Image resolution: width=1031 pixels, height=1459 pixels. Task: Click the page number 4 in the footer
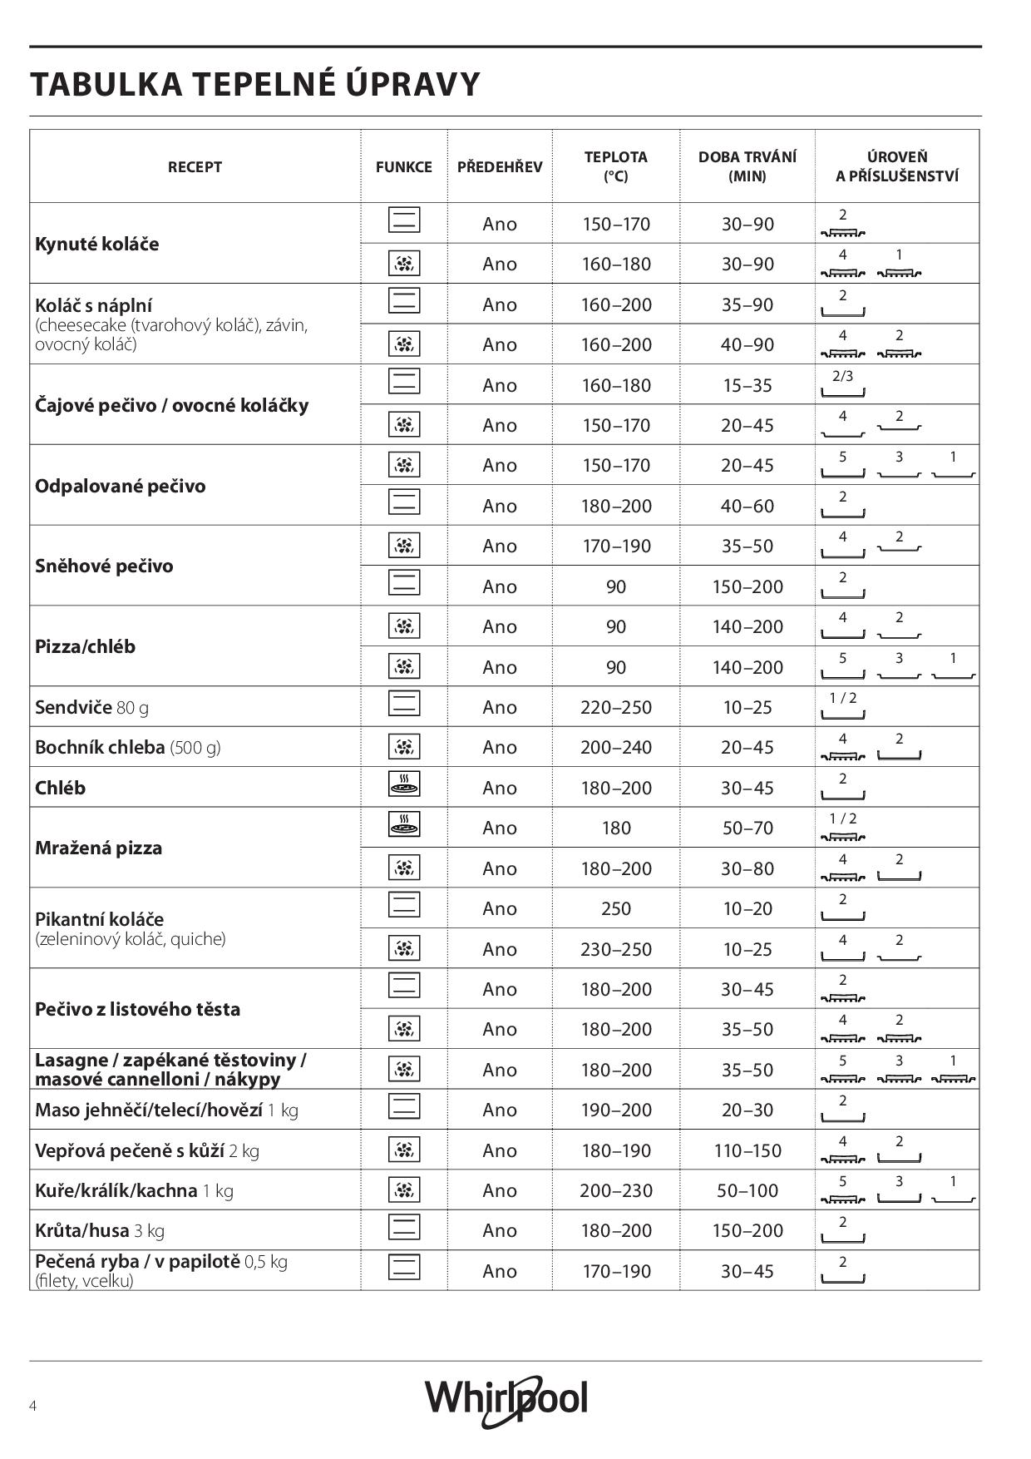32,1406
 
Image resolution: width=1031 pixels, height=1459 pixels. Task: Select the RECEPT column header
195,166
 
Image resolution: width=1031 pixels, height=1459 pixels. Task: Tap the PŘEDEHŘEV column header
500,166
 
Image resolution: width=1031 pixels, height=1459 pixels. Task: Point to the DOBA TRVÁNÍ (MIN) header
747,166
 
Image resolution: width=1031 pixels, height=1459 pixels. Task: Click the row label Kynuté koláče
97,244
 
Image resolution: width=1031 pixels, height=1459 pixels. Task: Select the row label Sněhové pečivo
104,566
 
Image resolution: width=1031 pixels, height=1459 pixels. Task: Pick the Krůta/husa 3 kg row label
100,1230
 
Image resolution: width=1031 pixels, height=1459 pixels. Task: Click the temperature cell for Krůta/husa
615,1230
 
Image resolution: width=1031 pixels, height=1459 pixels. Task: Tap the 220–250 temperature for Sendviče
615,707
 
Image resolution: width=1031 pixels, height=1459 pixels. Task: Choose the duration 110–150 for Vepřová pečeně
747,1150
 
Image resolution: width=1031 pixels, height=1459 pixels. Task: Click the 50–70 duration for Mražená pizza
747,828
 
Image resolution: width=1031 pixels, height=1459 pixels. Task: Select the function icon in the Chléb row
404,784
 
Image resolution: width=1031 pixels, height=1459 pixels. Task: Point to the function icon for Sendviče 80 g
404,704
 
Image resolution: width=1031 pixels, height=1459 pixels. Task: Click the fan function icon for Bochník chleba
404,747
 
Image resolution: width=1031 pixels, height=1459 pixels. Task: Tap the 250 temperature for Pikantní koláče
615,908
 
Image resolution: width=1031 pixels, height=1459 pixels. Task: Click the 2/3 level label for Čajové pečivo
842,376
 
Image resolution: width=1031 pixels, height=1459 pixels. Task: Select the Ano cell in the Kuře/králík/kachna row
500,1190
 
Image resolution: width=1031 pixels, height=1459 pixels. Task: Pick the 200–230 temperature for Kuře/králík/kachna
615,1190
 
